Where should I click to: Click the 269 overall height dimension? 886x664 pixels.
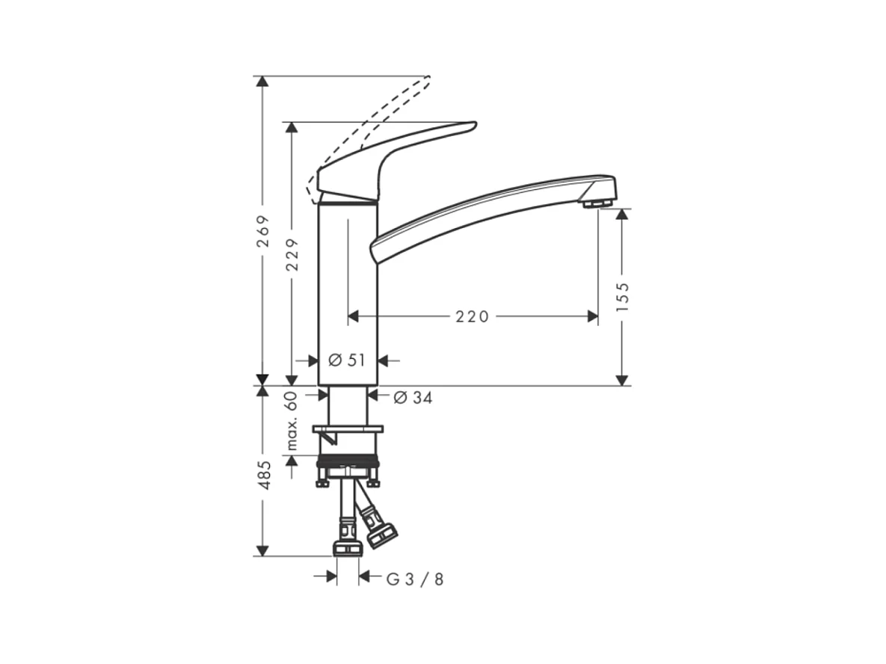coord(262,231)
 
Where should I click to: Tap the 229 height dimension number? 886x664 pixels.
coord(292,255)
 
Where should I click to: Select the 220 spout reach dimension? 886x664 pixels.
coord(473,316)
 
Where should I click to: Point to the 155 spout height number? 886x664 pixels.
coord(622,297)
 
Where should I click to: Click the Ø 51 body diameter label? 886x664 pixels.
coord(347,360)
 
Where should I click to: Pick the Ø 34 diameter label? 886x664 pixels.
coord(413,398)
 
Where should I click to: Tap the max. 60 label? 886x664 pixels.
coord(291,420)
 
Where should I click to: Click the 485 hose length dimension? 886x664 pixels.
coord(263,476)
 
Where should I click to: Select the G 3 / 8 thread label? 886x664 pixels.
coord(415,580)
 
